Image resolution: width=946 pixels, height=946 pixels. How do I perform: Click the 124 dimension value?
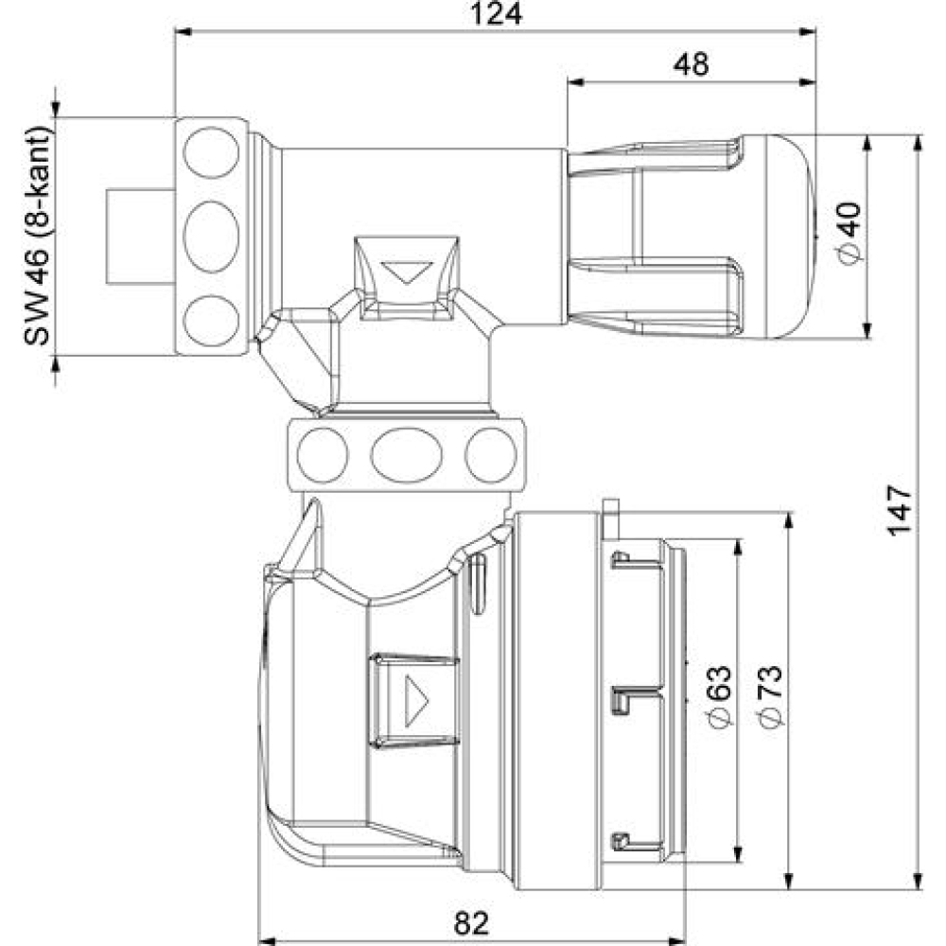496,13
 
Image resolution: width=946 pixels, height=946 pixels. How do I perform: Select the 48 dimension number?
691,64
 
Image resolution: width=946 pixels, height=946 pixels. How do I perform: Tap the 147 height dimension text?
899,510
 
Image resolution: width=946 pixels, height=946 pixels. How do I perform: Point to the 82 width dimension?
470,922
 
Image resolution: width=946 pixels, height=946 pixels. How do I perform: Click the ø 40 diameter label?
850,234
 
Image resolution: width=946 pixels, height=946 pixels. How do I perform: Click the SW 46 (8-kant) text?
37,236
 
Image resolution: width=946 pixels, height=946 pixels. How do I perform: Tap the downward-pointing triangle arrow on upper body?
408,272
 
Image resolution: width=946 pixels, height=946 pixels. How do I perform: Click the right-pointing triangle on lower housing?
416,700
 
